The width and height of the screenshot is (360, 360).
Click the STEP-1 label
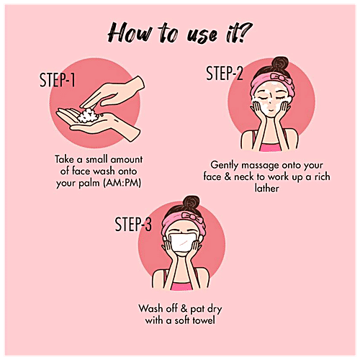57,80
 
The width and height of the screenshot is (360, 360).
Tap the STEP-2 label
225,73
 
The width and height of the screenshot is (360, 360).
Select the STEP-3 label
133,224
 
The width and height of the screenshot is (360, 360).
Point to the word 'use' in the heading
202,36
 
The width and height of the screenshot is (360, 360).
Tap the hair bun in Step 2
280,64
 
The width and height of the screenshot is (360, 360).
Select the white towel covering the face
184,243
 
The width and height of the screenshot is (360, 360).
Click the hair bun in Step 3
191,203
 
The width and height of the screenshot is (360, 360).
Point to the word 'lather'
266,188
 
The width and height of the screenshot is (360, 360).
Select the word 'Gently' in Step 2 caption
224,165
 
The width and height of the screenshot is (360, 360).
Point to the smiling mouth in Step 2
271,110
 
